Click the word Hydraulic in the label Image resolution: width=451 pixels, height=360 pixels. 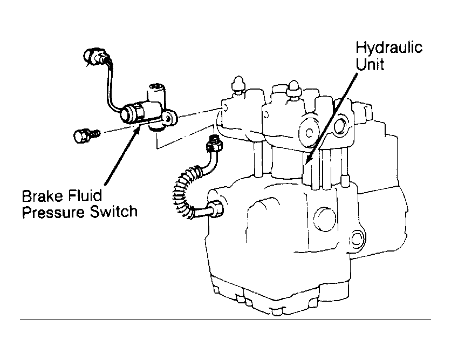(x=389, y=49)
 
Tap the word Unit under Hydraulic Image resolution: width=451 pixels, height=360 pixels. (x=370, y=64)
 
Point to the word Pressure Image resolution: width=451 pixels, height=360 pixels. (x=53, y=212)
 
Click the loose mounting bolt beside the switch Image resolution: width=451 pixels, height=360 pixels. (x=86, y=135)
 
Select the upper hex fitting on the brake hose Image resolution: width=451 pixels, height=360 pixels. (x=214, y=144)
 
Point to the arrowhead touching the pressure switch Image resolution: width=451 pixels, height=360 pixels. (x=137, y=128)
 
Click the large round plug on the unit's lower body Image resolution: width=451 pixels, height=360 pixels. (x=324, y=219)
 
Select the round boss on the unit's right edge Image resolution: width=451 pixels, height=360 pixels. (x=357, y=238)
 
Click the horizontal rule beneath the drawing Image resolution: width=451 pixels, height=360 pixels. (x=225, y=319)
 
